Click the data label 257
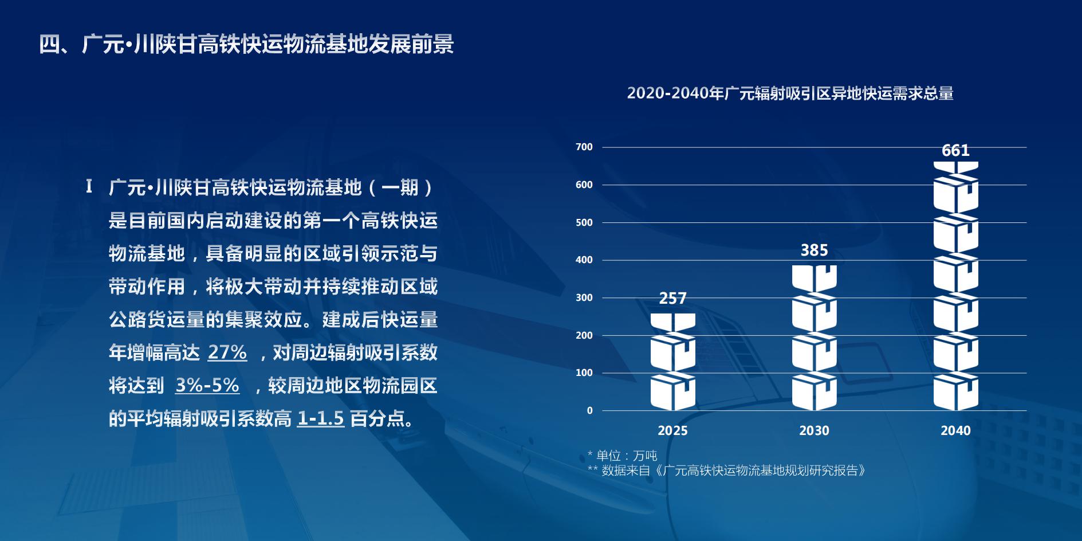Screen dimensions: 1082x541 tap(672, 299)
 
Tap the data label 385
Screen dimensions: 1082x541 tap(814, 250)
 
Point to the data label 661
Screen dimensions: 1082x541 tap(955, 151)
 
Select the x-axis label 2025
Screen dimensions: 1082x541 tap(672, 430)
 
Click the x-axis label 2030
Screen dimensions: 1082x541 tap(814, 430)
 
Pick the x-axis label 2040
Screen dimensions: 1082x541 tap(955, 430)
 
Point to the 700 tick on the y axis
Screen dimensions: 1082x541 tap(584, 147)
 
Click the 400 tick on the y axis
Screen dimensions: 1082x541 tap(584, 260)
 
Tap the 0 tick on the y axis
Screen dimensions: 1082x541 tap(590, 410)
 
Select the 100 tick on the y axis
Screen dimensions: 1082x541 tap(584, 373)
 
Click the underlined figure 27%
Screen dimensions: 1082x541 tap(227, 352)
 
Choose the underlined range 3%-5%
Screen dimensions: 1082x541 tap(207, 385)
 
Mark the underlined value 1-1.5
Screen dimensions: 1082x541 tap(321, 419)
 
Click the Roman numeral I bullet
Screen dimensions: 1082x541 tap(89, 187)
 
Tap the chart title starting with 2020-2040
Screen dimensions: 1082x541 tap(790, 93)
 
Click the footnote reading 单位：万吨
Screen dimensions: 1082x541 tap(622, 456)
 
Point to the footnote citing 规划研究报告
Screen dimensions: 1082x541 tap(726, 471)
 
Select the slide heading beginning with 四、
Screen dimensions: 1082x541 tap(246, 44)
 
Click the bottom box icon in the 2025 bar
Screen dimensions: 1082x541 tap(673, 392)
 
